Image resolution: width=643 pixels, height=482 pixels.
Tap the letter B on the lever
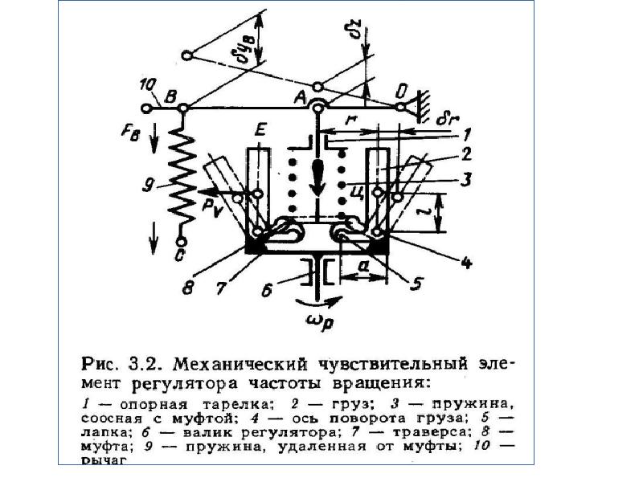170,96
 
